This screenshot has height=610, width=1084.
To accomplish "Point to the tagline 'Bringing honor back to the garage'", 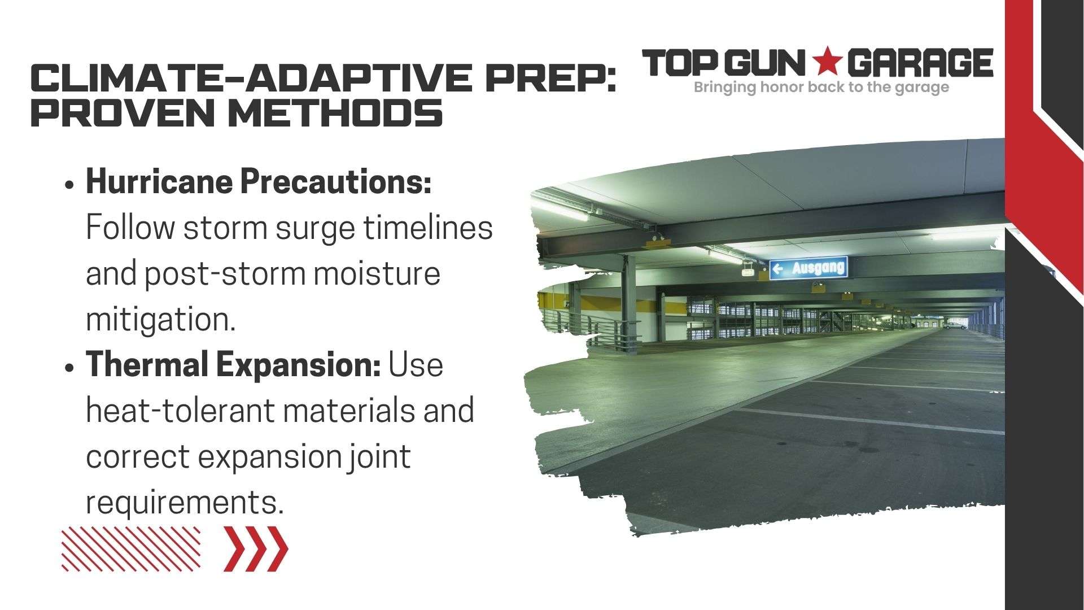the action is (x=821, y=88).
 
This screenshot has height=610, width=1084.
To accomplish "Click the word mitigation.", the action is (x=160, y=320).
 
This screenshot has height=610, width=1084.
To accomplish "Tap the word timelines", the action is (x=427, y=228).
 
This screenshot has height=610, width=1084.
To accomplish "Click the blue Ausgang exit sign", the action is (x=808, y=268).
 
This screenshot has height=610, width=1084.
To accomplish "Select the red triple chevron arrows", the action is (x=256, y=548).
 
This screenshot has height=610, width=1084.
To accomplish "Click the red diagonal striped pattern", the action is (x=131, y=548).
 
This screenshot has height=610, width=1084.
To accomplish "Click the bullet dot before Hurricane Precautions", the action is (x=69, y=185).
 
